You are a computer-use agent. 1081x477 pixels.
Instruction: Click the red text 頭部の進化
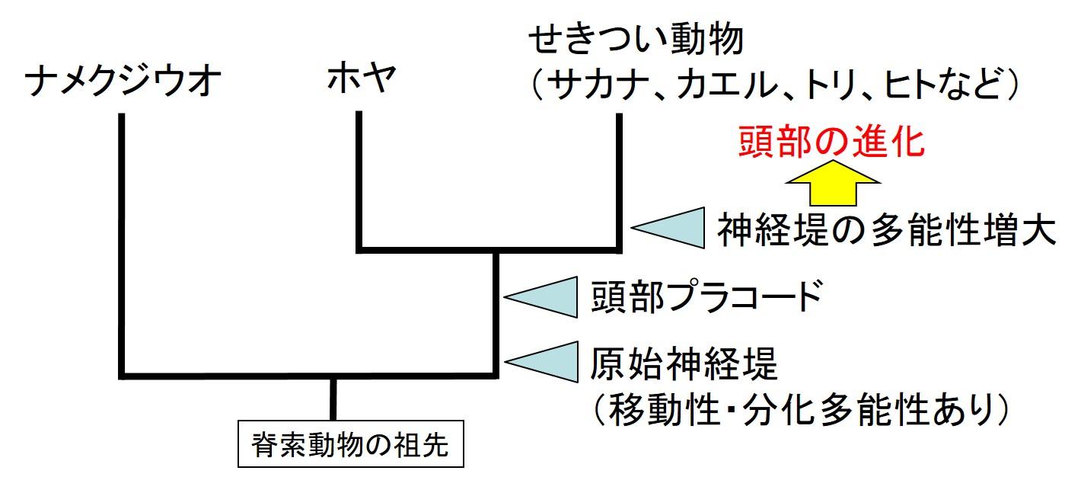(831, 142)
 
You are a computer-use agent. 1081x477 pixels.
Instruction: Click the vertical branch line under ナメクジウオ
(122, 244)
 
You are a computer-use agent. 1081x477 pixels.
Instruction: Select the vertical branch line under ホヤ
(358, 183)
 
